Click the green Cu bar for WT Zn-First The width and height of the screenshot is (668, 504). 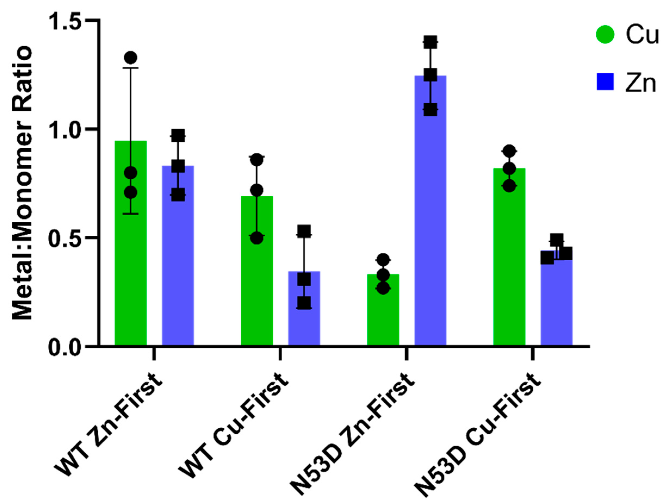pyautogui.click(x=131, y=256)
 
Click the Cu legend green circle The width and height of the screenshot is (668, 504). pyautogui.click(x=605, y=35)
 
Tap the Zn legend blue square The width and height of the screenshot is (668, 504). pyautogui.click(x=605, y=82)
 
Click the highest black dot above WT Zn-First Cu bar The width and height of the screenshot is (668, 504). pyautogui.click(x=131, y=57)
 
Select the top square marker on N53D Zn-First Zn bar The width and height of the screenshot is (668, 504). pyautogui.click(x=430, y=42)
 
